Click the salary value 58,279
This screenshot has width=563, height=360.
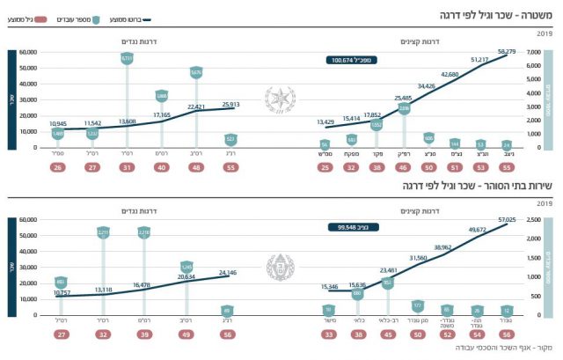507,52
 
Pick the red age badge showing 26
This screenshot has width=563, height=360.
58,167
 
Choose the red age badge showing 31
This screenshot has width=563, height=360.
127,167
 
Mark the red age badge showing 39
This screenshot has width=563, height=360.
144,334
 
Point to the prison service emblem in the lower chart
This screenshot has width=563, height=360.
281,263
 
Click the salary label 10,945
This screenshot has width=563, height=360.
59,124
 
